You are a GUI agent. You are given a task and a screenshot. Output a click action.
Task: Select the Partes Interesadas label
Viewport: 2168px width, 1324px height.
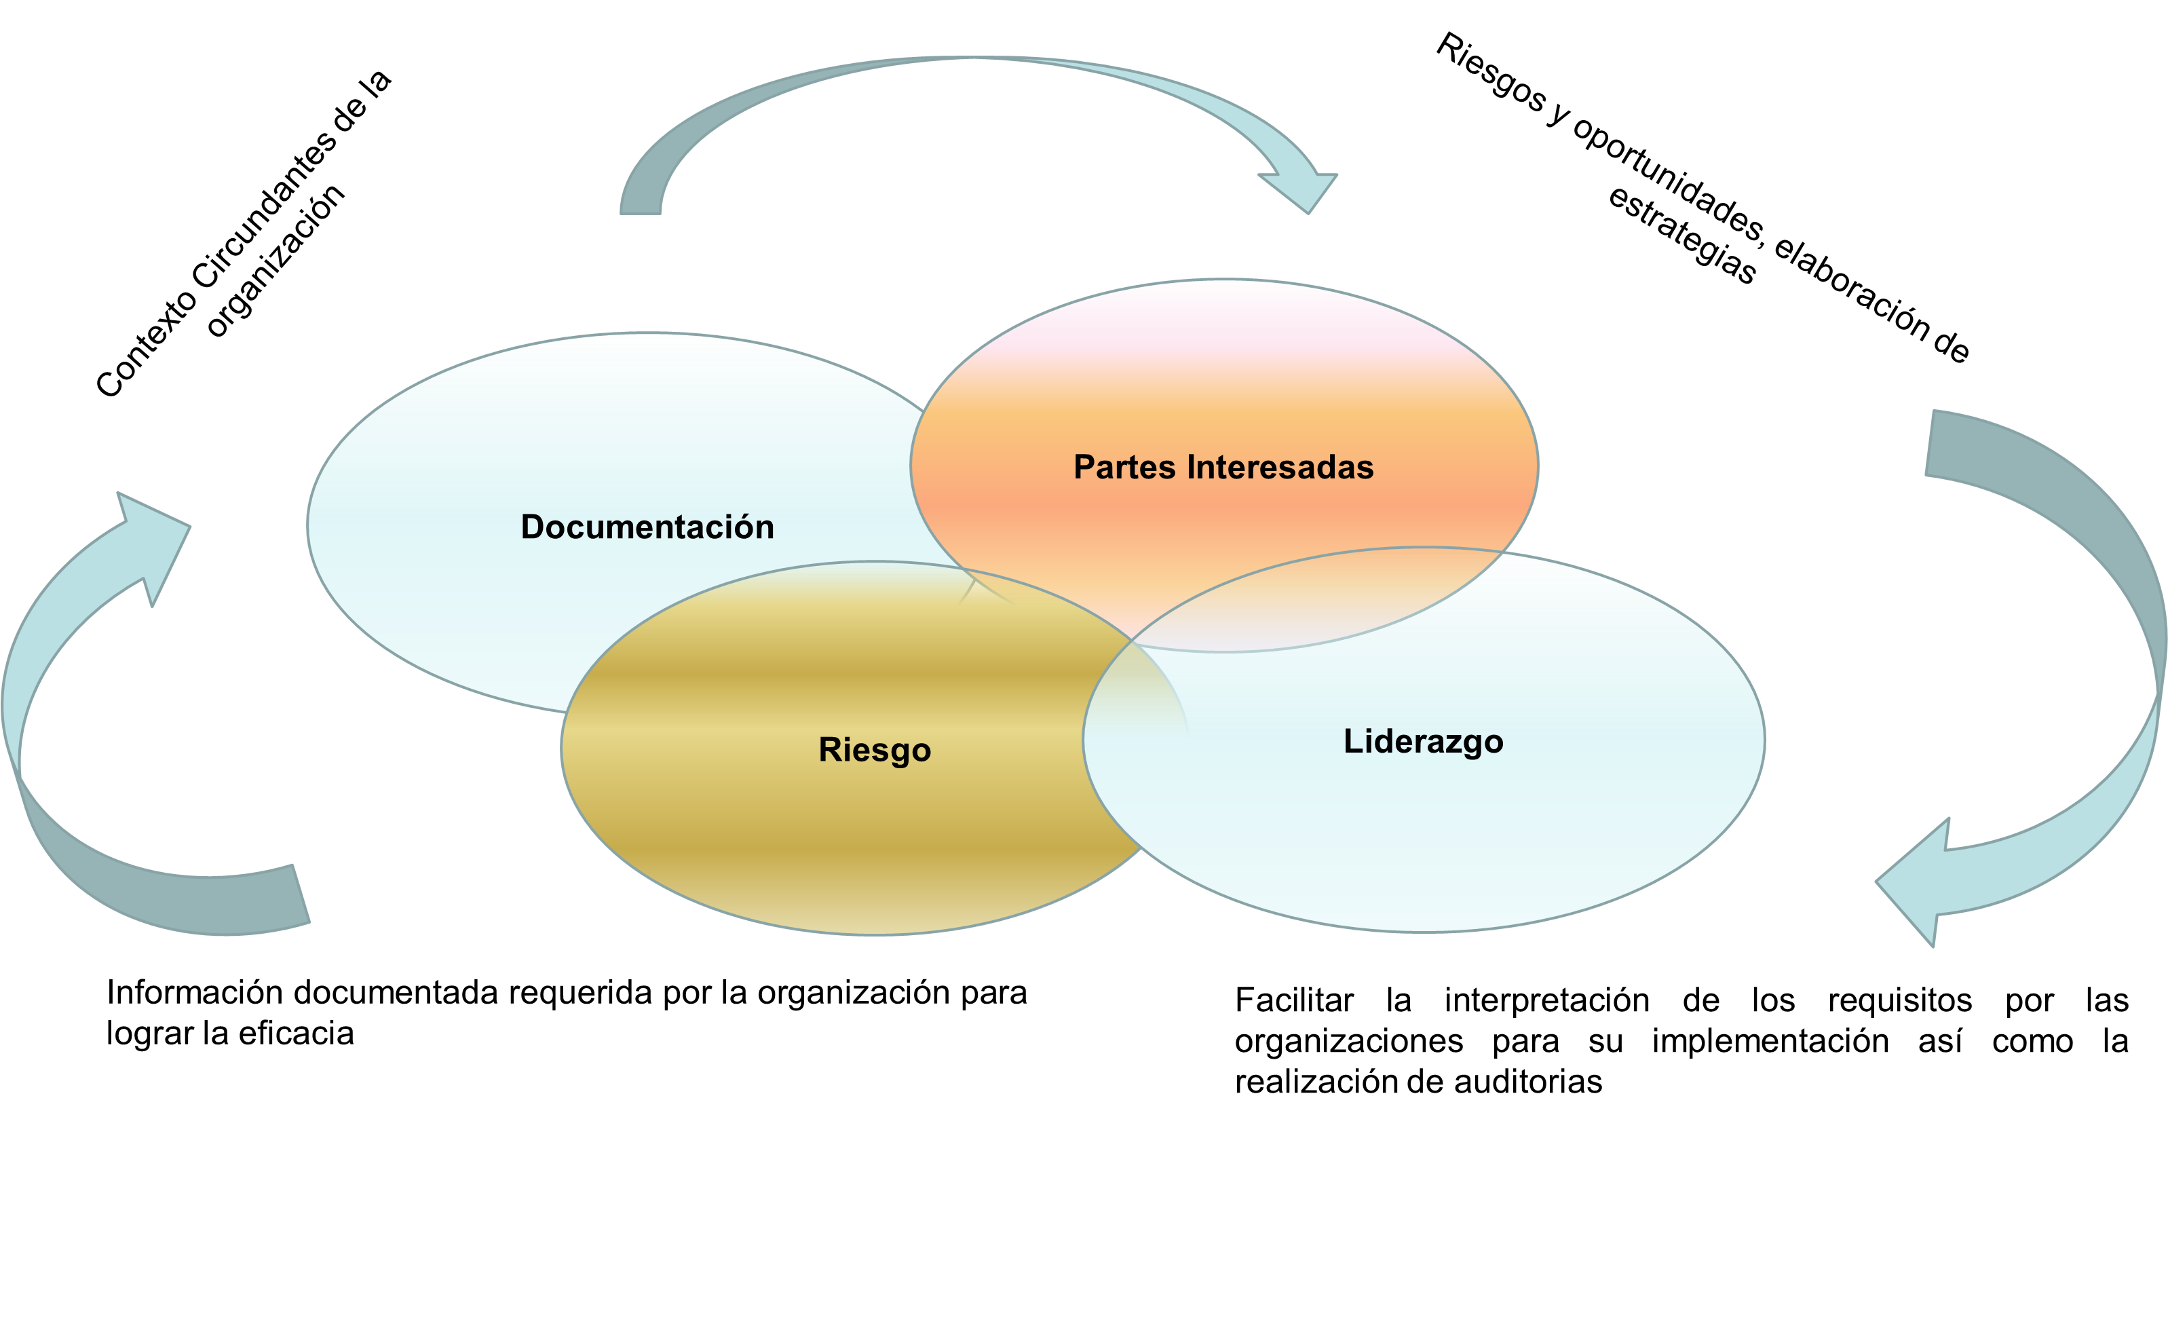[x=1223, y=467]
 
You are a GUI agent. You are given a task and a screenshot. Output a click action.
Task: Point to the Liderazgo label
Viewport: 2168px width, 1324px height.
[x=1423, y=742]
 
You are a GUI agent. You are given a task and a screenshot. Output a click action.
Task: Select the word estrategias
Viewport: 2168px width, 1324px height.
[x=1681, y=235]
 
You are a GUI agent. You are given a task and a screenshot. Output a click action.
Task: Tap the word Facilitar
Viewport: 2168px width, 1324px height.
[x=1294, y=1000]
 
